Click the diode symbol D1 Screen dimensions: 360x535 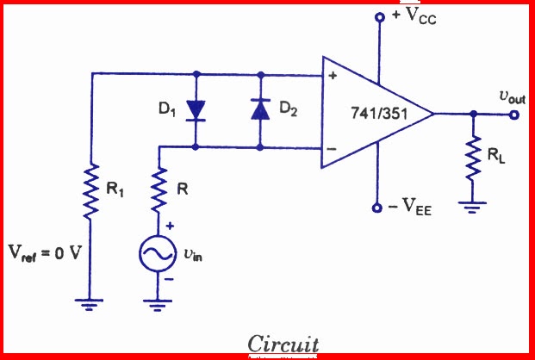pyautogui.click(x=197, y=109)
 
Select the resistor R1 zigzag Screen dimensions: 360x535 pyautogui.click(x=90, y=189)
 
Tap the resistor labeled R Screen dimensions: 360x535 pyautogui.click(x=159, y=190)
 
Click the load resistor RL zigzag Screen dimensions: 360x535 pyautogui.click(x=472, y=158)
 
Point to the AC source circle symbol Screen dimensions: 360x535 pyautogui.click(x=158, y=253)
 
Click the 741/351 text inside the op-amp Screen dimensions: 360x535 pyautogui.click(x=379, y=113)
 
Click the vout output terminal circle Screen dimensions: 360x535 pyautogui.click(x=515, y=113)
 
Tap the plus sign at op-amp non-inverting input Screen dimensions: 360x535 pyautogui.click(x=331, y=77)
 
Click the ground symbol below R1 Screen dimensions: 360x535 pyautogui.click(x=90, y=302)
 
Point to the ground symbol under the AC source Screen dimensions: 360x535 pyautogui.click(x=158, y=302)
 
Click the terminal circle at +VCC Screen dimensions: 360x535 pyautogui.click(x=377, y=16)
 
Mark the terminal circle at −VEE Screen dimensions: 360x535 pyautogui.click(x=377, y=208)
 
